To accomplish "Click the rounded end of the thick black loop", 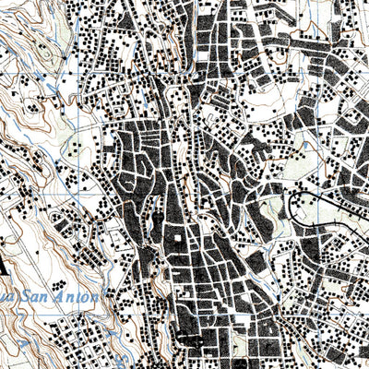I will coord(292,204).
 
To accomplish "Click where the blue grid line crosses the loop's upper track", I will coord(315,192).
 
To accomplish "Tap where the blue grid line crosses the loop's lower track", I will coord(315,225).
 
